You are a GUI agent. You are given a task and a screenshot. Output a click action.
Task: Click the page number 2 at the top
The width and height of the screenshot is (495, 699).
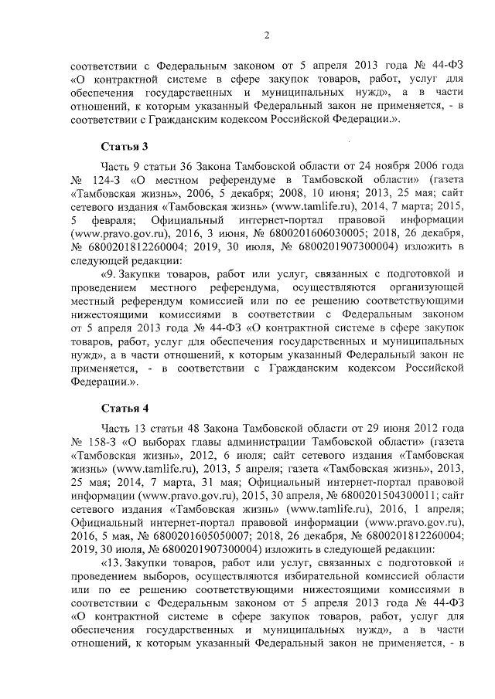pyautogui.click(x=266, y=35)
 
